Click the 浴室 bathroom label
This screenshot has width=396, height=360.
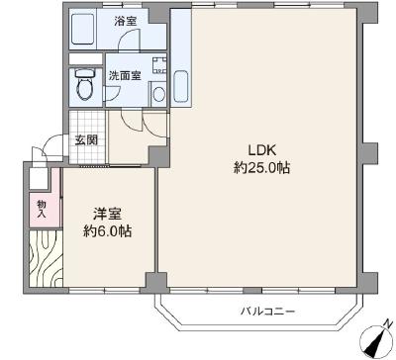[126, 22]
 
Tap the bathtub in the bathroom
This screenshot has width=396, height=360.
[83, 29]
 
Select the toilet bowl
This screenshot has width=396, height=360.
[85, 84]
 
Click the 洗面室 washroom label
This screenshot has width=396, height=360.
[125, 76]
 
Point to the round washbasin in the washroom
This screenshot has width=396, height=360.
[159, 95]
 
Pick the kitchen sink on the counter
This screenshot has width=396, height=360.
[181, 86]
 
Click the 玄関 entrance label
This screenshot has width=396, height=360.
[87, 139]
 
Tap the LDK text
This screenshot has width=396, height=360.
[262, 150]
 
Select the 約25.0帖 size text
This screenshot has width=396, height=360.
[262, 168]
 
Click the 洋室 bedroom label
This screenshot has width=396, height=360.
[107, 215]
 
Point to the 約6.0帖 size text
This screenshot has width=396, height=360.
[107, 231]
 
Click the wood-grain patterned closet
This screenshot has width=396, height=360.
[46, 258]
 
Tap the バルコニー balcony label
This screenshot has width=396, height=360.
[267, 311]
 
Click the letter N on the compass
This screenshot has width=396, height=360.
[388, 323]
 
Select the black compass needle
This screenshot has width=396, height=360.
[375, 343]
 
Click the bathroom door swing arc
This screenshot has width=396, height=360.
[128, 37]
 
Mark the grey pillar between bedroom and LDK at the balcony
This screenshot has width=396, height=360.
[156, 283]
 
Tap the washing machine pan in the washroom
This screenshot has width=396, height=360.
[159, 65]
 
